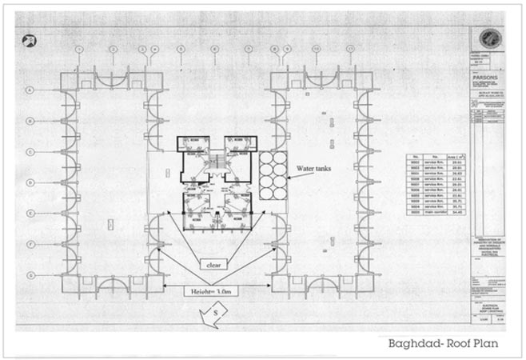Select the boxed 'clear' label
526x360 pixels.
point(213,263)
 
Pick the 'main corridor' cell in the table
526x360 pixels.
point(435,214)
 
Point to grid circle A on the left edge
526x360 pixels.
point(30,90)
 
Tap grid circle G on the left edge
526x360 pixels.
point(30,274)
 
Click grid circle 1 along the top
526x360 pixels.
point(79,50)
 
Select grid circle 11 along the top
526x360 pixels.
point(349,50)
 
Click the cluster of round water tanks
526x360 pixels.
point(273,168)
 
